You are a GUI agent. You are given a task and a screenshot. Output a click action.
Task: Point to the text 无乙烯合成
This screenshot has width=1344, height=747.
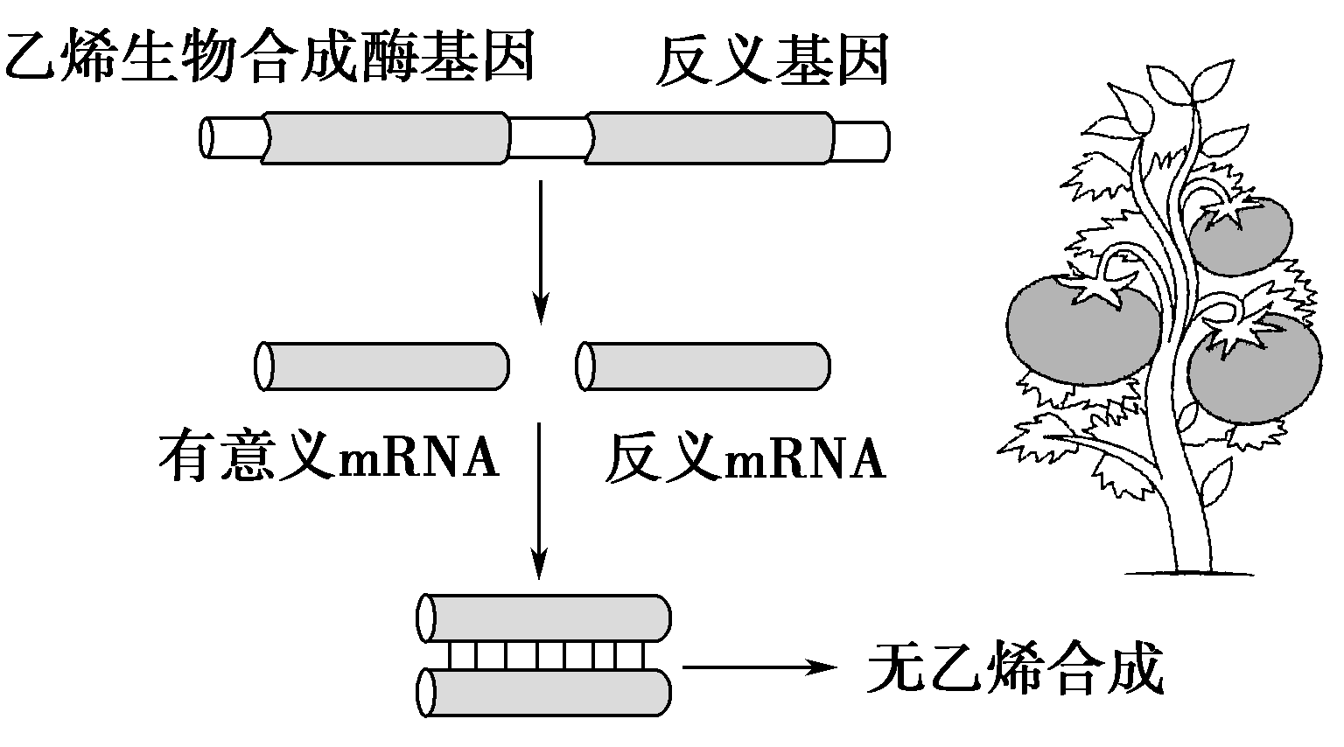point(1015,670)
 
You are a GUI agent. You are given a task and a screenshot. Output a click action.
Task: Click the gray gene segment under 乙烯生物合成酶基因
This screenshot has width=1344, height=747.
point(385,138)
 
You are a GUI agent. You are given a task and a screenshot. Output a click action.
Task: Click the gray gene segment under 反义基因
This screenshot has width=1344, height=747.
point(709,138)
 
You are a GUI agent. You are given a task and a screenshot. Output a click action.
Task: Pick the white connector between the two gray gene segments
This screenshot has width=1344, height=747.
point(548,138)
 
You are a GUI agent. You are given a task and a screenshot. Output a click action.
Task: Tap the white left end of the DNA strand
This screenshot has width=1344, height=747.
point(232,138)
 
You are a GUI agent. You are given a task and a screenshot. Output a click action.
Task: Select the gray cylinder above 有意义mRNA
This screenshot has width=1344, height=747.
point(382,366)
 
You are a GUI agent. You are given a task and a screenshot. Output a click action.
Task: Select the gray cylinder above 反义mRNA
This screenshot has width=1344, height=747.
point(703,366)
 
